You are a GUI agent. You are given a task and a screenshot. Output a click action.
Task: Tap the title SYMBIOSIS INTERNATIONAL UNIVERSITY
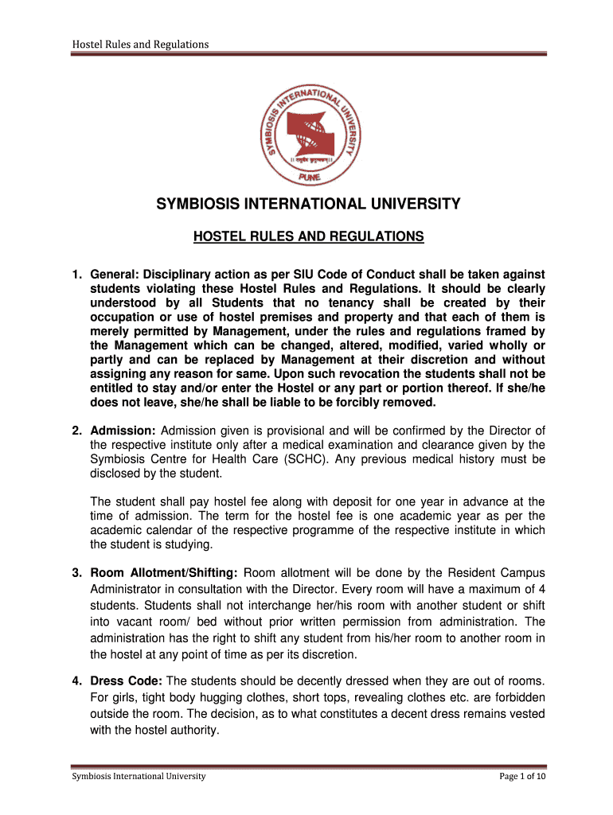307,205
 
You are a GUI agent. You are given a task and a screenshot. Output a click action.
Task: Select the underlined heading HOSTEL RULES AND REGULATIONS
310,237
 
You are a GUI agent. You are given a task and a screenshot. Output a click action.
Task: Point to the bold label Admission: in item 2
123,431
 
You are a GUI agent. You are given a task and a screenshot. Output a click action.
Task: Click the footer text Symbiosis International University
139,776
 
